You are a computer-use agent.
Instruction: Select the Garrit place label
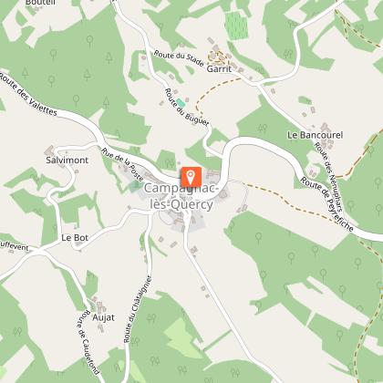[220, 67]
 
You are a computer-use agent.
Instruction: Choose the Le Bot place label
[72, 237]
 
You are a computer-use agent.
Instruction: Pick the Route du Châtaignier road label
[131, 310]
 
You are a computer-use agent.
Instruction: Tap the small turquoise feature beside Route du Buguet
[180, 100]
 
